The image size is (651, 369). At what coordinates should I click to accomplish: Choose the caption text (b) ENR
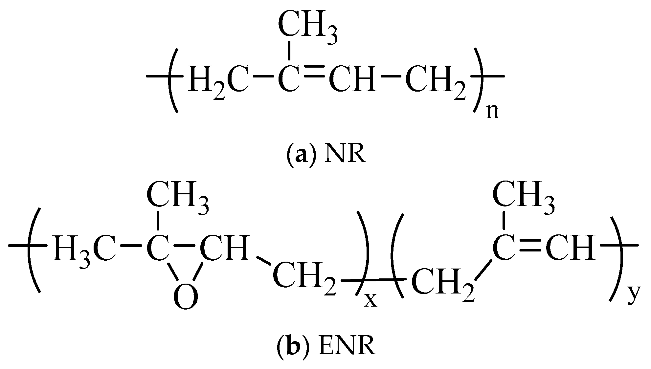(325, 346)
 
